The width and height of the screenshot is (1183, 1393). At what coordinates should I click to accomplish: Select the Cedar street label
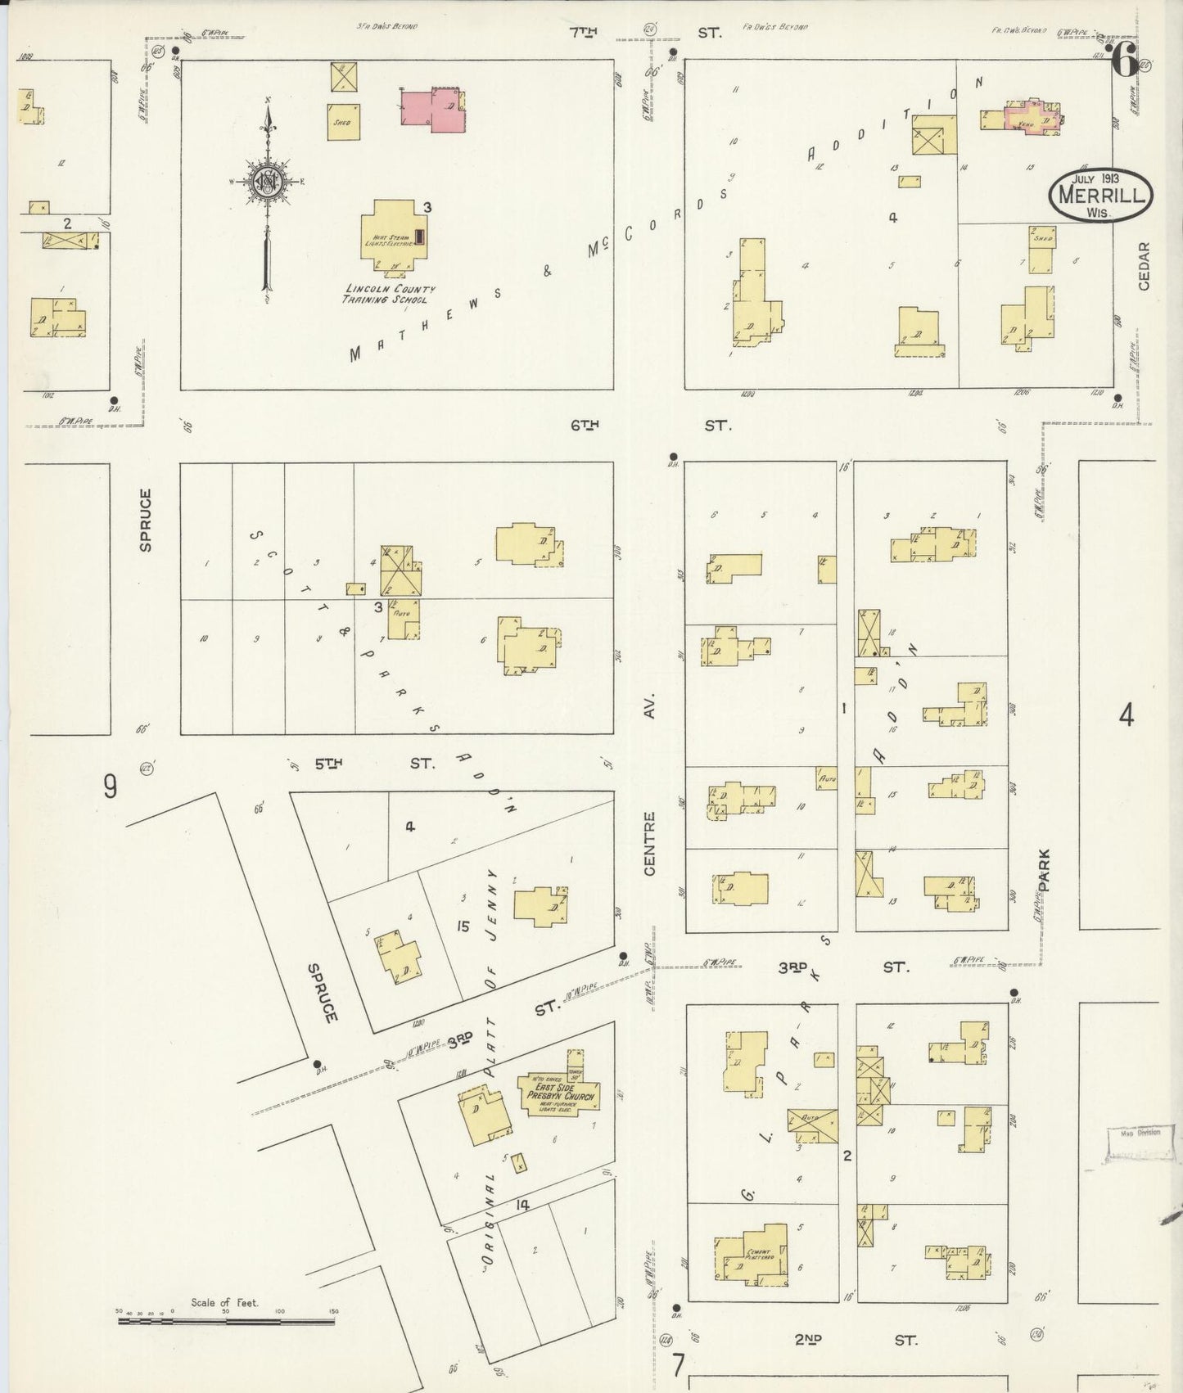pyautogui.click(x=1144, y=266)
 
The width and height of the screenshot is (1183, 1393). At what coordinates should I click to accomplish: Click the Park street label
pyautogui.click(x=1044, y=869)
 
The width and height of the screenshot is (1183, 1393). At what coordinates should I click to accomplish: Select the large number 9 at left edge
pyautogui.click(x=110, y=787)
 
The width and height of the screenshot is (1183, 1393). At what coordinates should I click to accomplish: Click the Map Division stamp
pyautogui.click(x=1135, y=1143)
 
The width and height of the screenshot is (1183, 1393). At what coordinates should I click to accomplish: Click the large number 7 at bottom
pyautogui.click(x=679, y=1366)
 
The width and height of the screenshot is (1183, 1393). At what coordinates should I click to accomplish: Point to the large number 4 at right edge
pyautogui.click(x=1127, y=716)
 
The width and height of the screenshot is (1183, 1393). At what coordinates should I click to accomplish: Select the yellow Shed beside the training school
pyautogui.click(x=342, y=122)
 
